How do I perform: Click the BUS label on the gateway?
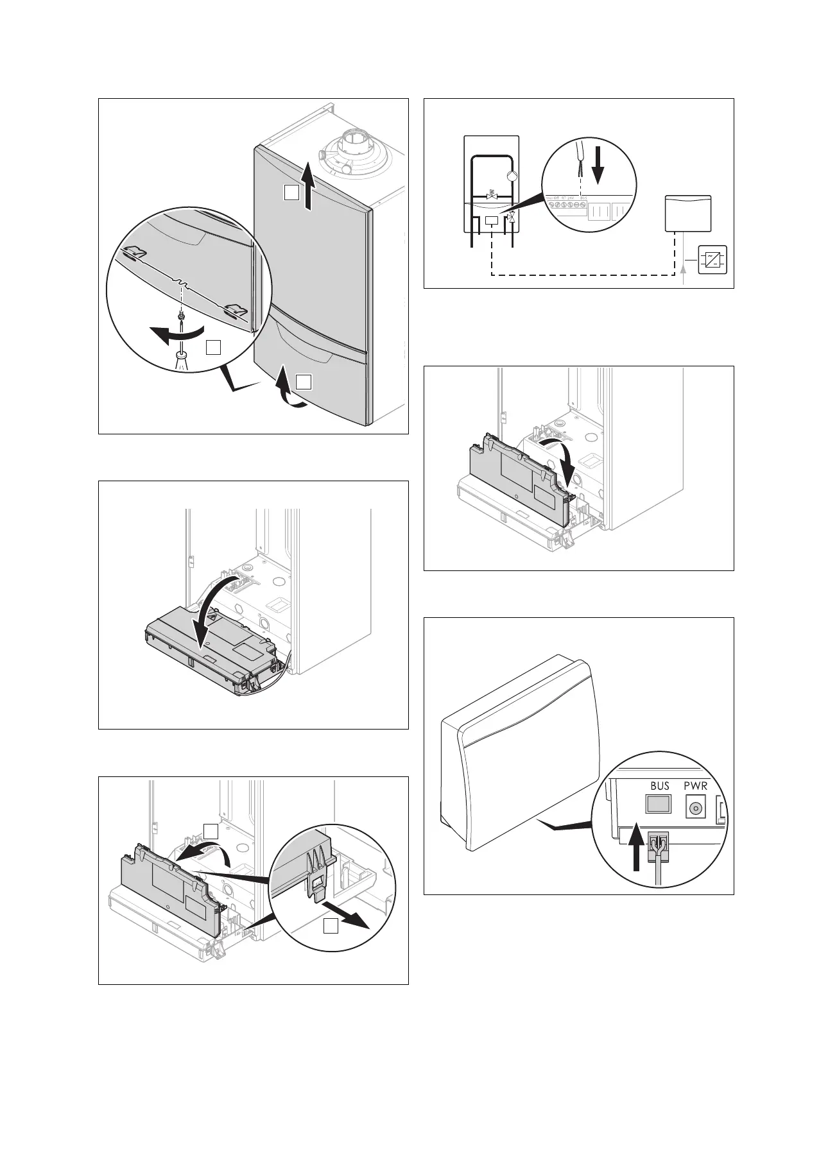659,785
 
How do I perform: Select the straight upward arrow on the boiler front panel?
309,187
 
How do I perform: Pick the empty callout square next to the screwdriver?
214,347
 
